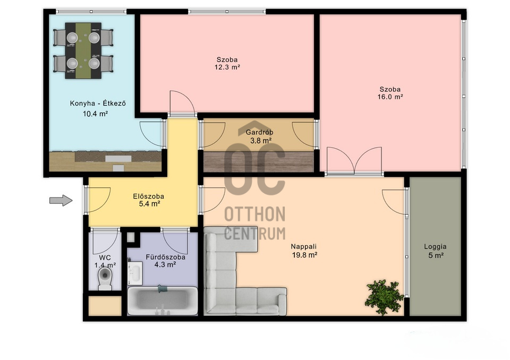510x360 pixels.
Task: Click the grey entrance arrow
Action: (61, 200)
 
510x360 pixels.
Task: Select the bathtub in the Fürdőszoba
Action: (163, 301)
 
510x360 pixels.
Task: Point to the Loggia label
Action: (435, 247)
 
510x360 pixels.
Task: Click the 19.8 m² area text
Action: (304, 255)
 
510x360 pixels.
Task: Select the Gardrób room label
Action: (259, 132)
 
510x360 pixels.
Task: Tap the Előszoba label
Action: (148, 196)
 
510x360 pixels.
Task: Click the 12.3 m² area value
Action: (227, 67)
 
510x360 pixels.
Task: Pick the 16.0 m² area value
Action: (390, 97)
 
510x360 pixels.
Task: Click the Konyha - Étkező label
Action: (98, 104)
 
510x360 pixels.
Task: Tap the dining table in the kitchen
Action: (83, 50)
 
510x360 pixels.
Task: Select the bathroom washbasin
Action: (134, 271)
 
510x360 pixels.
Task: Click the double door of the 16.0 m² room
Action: (354, 161)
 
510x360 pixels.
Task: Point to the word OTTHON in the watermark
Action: (254, 215)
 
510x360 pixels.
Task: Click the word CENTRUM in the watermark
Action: (254, 234)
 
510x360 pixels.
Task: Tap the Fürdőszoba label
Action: (165, 257)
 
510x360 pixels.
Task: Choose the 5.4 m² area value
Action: (149, 204)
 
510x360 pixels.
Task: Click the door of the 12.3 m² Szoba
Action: (182, 104)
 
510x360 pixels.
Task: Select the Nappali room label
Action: (303, 247)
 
